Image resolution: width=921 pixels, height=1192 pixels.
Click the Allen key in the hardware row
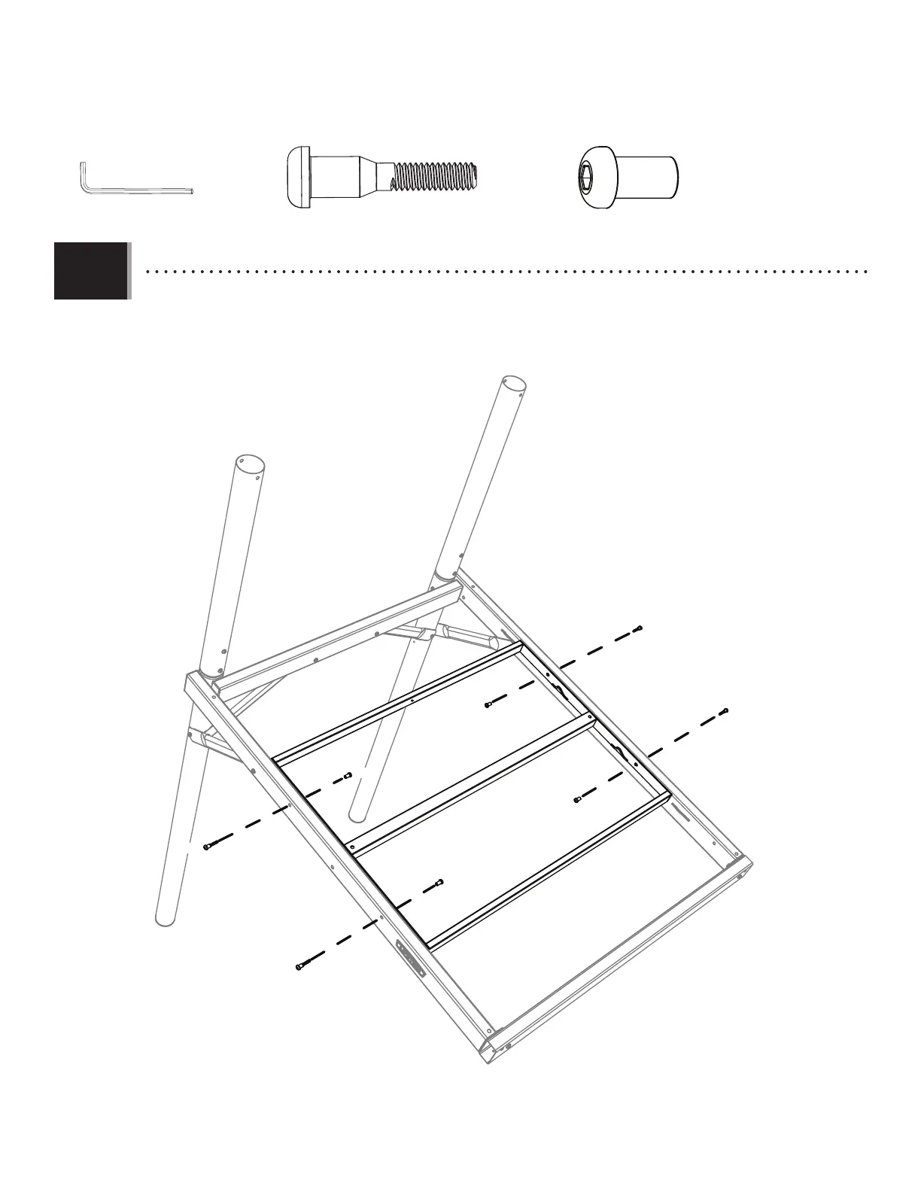(x=135, y=190)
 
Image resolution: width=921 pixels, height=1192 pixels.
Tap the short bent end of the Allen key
(x=82, y=176)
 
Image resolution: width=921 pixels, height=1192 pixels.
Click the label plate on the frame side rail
(x=411, y=958)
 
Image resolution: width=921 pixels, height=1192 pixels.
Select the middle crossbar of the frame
(x=474, y=783)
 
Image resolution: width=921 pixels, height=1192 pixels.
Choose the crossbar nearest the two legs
(x=399, y=704)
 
